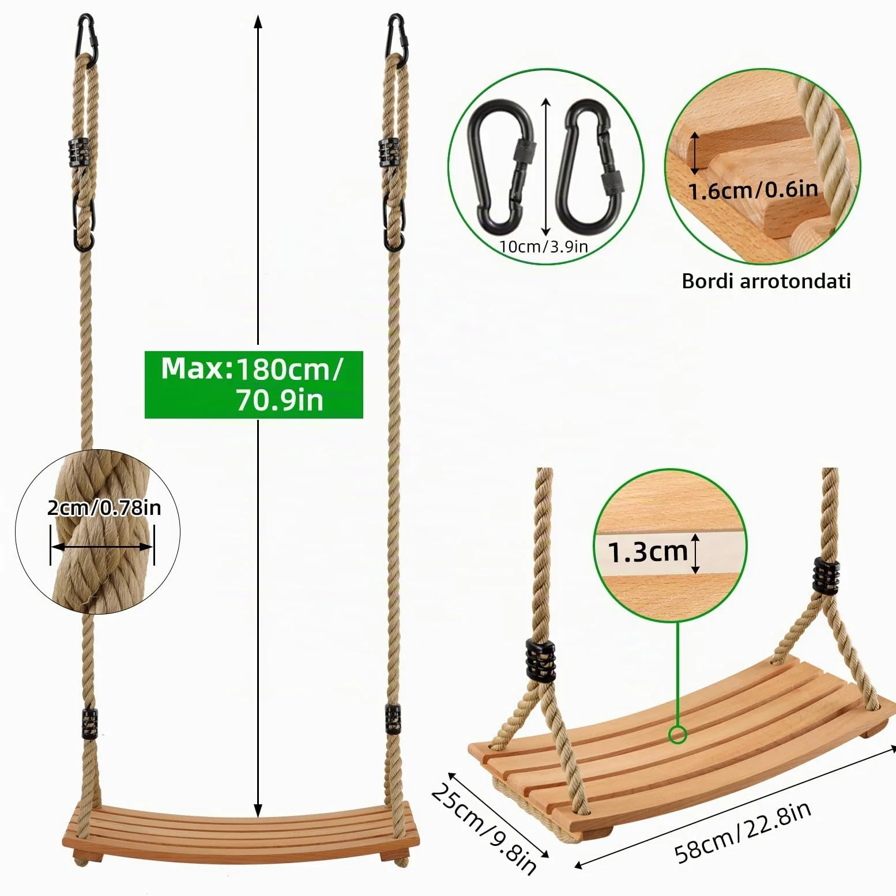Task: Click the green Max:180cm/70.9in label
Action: (254, 385)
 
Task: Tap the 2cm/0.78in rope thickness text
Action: (104, 507)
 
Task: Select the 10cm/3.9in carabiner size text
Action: (544, 247)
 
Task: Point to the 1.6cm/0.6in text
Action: (753, 190)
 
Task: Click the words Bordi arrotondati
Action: (766, 281)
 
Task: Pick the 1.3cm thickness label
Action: (648, 552)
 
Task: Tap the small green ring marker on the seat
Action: (677, 735)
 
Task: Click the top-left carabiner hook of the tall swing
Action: (87, 38)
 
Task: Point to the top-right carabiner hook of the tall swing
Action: (397, 38)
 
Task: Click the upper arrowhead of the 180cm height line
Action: (258, 22)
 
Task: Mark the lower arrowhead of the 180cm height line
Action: (258, 810)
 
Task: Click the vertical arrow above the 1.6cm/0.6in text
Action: (695, 153)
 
